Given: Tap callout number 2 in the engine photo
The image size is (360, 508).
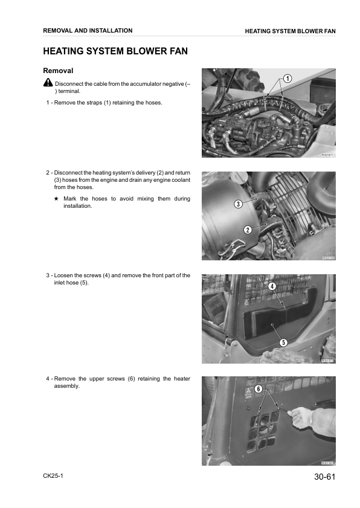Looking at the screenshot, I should tap(248, 229).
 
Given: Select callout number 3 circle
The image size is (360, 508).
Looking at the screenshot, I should tap(238, 204).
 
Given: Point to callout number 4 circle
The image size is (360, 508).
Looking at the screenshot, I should tap(272, 286).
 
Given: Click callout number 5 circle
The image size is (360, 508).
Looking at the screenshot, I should tap(283, 342).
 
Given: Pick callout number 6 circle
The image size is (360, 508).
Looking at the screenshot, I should tap(258, 389).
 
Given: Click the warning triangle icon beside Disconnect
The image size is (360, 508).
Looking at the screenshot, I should tap(48, 83).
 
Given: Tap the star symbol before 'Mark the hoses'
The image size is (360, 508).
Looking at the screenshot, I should tap(56, 199).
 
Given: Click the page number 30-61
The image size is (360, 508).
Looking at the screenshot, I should tap(321, 477).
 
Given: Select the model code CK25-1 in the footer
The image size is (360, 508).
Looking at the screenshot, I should tap(53, 476).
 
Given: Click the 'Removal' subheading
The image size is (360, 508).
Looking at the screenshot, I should tap(58, 71).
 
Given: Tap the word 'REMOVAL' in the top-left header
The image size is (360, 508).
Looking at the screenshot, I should tap(59, 31).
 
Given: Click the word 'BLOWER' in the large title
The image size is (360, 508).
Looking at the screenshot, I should tap(137, 52).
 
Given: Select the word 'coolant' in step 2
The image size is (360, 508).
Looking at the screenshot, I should tap(179, 180).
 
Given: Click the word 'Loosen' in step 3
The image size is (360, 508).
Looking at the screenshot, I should tap(64, 275).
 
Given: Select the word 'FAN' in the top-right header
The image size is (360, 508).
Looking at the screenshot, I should tap(329, 31).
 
